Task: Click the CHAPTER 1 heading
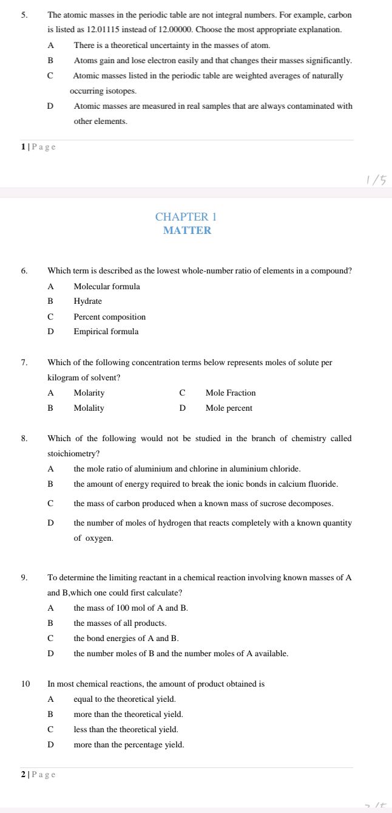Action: [x=186, y=217]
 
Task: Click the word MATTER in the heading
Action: [x=187, y=230]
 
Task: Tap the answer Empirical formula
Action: [x=106, y=332]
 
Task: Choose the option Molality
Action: [x=89, y=408]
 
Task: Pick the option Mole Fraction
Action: [x=231, y=393]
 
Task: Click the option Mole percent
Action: [x=229, y=408]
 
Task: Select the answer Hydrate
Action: [x=87, y=301]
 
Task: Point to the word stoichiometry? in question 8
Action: [x=73, y=453]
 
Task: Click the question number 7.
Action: [x=24, y=363]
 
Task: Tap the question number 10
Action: [x=25, y=684]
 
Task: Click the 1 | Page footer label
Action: [x=38, y=146]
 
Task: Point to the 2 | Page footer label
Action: [x=38, y=774]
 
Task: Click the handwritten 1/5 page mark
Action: [x=376, y=180]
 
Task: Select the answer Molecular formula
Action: [x=106, y=286]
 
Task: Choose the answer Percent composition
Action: [x=109, y=317]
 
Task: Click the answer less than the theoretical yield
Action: [x=126, y=729]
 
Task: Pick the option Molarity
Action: [x=89, y=393]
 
